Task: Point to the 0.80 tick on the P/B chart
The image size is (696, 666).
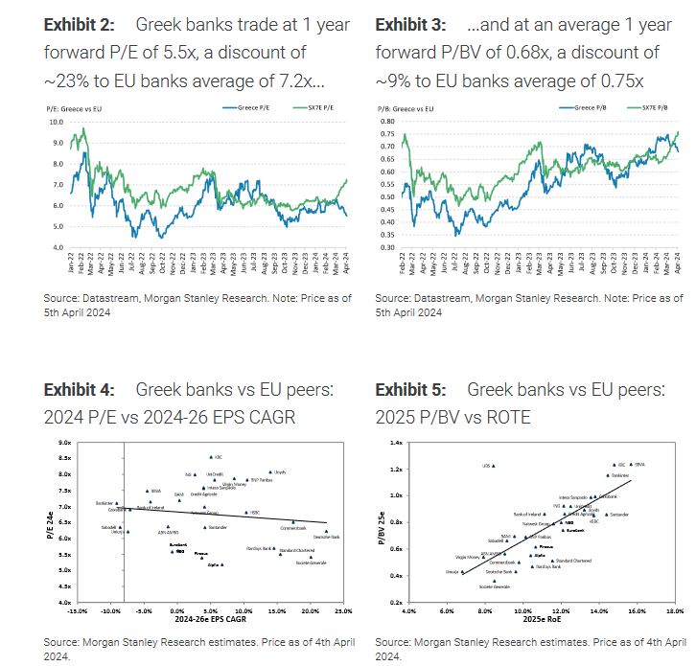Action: pyautogui.click(x=388, y=122)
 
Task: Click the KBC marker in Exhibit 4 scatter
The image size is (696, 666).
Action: pyautogui.click(x=210, y=457)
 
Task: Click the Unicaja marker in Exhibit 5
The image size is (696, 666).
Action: pyautogui.click(x=462, y=572)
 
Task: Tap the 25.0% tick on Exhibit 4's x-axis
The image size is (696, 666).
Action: pyautogui.click(x=343, y=610)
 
